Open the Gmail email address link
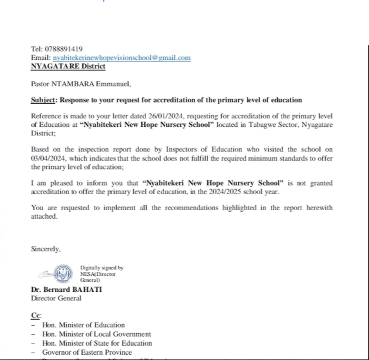click(122, 58)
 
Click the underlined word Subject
click(43, 100)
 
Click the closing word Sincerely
click(46, 249)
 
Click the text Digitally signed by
click(102, 268)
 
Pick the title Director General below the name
click(56, 298)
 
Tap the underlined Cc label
click(36, 315)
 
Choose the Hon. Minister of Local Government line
click(97, 334)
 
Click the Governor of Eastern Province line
click(87, 352)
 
